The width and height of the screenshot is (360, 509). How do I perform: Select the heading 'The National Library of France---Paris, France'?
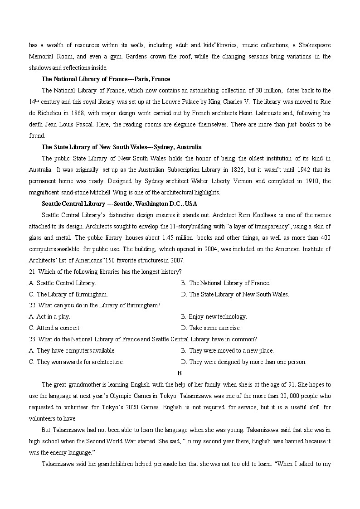coord(106,79)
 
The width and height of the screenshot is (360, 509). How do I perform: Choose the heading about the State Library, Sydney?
coord(122,147)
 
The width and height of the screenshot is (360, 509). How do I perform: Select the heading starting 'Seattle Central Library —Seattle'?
coord(119,204)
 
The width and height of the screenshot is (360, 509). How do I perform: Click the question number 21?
coord(32,272)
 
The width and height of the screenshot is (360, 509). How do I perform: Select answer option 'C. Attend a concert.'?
coord(55,328)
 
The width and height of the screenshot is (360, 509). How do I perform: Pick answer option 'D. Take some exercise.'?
coord(210,328)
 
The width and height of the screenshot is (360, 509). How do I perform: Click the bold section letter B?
coord(180,373)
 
